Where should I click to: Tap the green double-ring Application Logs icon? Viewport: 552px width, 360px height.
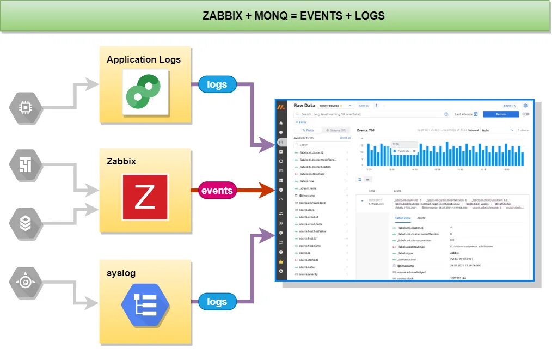pyautogui.click(x=143, y=91)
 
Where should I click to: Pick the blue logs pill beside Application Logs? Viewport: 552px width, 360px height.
pyautogui.click(x=217, y=84)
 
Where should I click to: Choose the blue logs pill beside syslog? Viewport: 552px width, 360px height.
pyautogui.click(x=217, y=301)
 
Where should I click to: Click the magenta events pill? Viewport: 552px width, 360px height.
pyautogui.click(x=217, y=191)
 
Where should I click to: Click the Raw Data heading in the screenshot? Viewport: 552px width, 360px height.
pyautogui.click(x=304, y=106)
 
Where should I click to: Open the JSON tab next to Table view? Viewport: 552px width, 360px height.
pyautogui.click(x=421, y=217)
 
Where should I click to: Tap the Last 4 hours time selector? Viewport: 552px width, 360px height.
pyautogui.click(x=466, y=114)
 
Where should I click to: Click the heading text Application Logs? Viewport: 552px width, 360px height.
pyautogui.click(x=144, y=59)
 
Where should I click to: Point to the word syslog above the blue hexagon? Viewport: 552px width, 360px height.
pyautogui.click(x=121, y=273)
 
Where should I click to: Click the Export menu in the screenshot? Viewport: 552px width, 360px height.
pyautogui.click(x=510, y=106)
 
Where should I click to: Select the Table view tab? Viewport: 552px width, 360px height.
pyautogui.click(x=403, y=217)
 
